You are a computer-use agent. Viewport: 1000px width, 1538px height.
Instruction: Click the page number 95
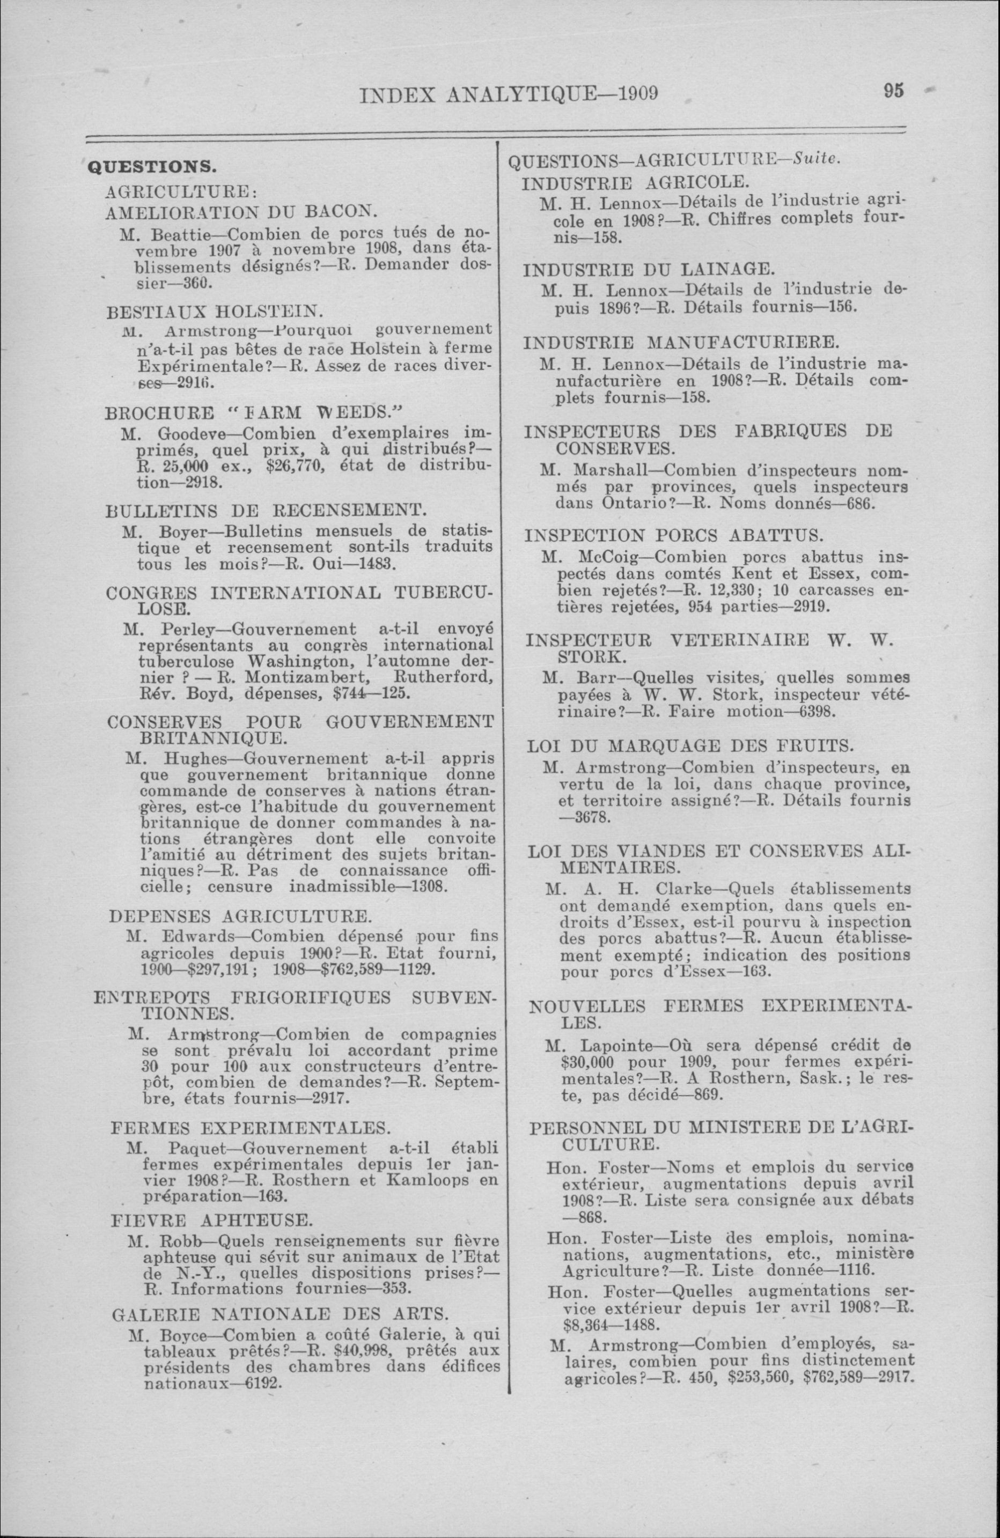893,91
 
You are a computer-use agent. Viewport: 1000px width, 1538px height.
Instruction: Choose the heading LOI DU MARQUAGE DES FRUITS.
690,746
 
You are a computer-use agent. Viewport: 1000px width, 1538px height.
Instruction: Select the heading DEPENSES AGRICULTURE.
240,916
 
